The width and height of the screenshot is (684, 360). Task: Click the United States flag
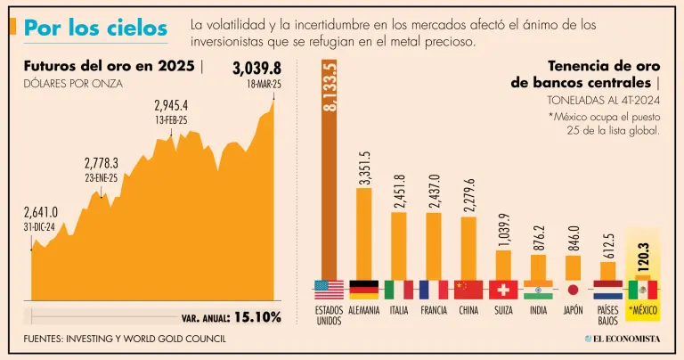pos(329,290)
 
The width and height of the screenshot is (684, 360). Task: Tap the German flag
pos(363,290)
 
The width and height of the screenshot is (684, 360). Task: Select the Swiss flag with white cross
pos(503,290)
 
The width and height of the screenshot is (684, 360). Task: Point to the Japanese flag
pos(573,290)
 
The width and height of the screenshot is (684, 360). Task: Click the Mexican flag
pos(642,290)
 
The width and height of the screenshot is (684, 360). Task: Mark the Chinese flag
pos(468,290)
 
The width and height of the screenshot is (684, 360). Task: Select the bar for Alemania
pos(363,233)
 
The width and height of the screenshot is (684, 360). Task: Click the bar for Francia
pos(434,245)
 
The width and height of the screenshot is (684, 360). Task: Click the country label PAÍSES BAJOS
pos(607,315)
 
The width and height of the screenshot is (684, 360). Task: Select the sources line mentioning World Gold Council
pos(125,339)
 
